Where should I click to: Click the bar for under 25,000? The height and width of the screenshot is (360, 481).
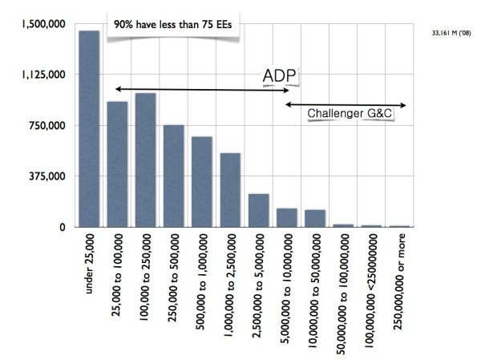pos(89,128)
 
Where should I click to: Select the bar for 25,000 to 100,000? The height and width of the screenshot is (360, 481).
pos(117,164)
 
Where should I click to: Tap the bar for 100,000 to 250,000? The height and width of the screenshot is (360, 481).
pos(145,160)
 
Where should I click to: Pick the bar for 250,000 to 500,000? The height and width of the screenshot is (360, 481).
pos(174,176)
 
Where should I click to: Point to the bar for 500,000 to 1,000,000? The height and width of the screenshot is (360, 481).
pos(202,182)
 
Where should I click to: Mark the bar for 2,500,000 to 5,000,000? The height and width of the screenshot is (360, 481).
pos(258,210)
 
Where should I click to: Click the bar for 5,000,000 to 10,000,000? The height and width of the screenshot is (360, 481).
pos(287,217)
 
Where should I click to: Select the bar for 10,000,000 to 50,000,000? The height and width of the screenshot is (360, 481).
pos(315,218)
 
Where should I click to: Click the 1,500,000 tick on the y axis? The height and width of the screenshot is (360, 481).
pos(43,25)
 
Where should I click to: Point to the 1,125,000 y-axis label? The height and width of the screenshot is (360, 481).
pos(43,75)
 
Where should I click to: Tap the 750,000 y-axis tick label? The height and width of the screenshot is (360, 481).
pos(48,126)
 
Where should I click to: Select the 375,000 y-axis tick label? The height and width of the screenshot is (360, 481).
pos(48,176)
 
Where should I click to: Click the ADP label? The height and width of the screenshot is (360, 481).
pos(280,76)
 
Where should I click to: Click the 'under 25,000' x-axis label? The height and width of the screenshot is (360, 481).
pos(90,265)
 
